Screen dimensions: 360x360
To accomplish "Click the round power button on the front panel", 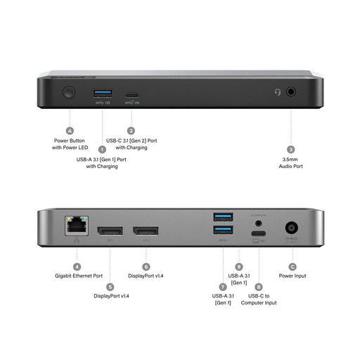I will click(x=70, y=92).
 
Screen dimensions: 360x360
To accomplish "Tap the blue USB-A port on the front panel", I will click(x=101, y=93).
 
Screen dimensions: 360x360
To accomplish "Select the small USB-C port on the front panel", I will click(x=131, y=94).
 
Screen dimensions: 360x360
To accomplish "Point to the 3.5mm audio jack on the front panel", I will click(x=290, y=92).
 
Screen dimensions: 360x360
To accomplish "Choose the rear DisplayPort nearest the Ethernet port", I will click(x=110, y=230).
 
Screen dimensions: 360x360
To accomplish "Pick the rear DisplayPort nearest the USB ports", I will click(x=146, y=230).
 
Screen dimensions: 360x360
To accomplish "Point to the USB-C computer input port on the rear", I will click(x=259, y=235).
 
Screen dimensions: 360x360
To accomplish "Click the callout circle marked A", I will click(x=70, y=131).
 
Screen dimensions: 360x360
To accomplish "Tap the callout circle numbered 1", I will click(x=102, y=149).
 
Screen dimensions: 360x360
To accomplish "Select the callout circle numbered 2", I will click(x=131, y=131).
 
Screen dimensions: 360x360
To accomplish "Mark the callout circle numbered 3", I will click(x=290, y=149).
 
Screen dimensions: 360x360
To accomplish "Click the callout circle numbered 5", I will click(x=110, y=286).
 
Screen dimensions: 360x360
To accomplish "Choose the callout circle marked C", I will click(x=292, y=267).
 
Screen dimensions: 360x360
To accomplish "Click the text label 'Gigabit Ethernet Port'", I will click(x=79, y=276).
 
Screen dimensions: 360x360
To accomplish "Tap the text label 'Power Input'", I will click(x=292, y=276).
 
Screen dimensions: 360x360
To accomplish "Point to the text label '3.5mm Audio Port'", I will click(x=290, y=163).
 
